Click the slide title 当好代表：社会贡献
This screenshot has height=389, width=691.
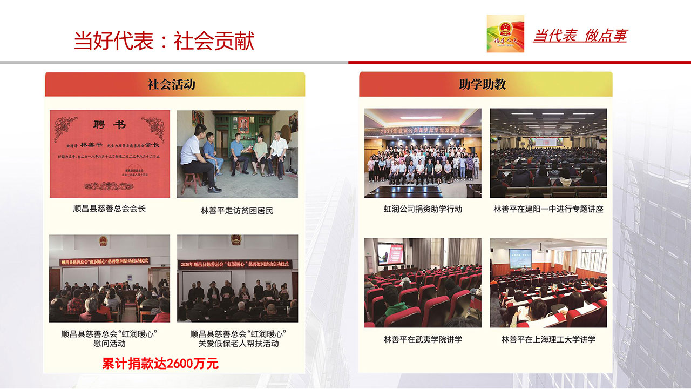click(x=164, y=41)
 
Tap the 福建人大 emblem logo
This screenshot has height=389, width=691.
click(x=505, y=33)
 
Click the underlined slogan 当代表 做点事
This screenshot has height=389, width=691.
click(x=580, y=36)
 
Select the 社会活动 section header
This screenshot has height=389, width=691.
click(x=174, y=84)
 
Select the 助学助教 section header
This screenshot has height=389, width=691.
click(x=485, y=84)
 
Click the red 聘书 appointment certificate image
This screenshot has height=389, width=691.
click(x=110, y=154)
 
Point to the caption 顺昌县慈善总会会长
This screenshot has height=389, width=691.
click(x=110, y=208)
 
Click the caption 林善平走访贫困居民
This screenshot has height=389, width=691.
click(x=237, y=211)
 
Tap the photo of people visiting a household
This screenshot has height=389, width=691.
click(x=237, y=154)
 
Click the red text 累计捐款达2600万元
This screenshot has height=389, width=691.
click(x=160, y=364)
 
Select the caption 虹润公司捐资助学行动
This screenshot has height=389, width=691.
click(x=423, y=209)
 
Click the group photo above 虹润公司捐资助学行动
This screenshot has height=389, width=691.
click(x=423, y=153)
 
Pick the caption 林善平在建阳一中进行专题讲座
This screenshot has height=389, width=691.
click(x=548, y=209)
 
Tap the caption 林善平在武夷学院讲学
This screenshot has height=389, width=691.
click(x=423, y=340)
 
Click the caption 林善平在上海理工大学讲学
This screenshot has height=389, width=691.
click(x=548, y=340)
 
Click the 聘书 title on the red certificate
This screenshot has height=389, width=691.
click(x=110, y=125)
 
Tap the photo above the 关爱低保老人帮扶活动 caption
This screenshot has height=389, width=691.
click(x=238, y=278)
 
